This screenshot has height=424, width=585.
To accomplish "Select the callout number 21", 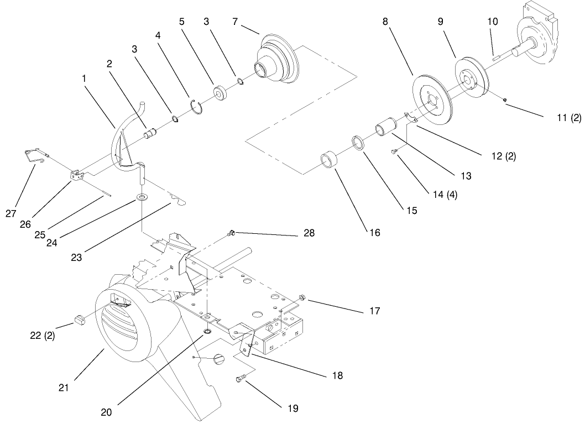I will [64, 388].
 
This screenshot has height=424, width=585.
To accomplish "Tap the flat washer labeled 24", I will [143, 197].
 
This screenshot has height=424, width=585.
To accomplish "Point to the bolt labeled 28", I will [232, 234].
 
